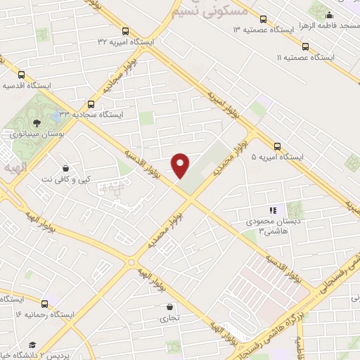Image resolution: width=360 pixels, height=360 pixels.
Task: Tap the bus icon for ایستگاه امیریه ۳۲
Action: coord(125,31)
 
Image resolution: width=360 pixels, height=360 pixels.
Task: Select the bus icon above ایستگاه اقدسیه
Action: coord(21,75)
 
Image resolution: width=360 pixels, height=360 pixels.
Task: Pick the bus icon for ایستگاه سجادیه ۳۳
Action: coord(91,103)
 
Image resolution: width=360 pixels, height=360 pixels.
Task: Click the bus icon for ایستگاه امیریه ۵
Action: coord(277,147)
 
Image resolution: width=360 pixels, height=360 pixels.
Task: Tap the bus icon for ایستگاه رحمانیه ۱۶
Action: coord(45,304)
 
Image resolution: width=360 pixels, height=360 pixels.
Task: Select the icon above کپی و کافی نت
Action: coord(65,168)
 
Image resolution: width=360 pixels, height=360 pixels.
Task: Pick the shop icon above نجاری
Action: coord(170,307)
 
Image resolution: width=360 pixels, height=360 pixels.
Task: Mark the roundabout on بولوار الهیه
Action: coord(131,262)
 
